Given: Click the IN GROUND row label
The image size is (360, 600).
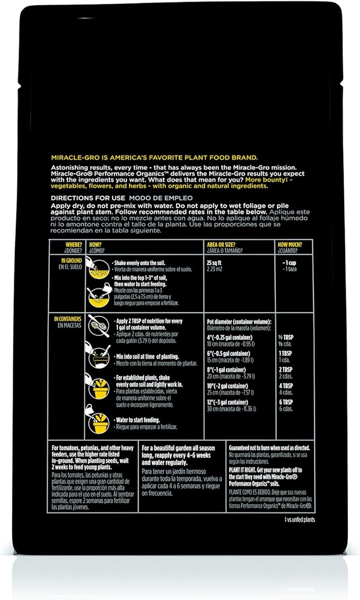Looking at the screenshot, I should [x=70, y=260].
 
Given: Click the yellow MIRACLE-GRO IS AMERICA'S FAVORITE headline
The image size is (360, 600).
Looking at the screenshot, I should [x=154, y=157].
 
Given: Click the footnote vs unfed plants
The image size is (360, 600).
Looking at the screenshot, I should [x=300, y=519].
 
